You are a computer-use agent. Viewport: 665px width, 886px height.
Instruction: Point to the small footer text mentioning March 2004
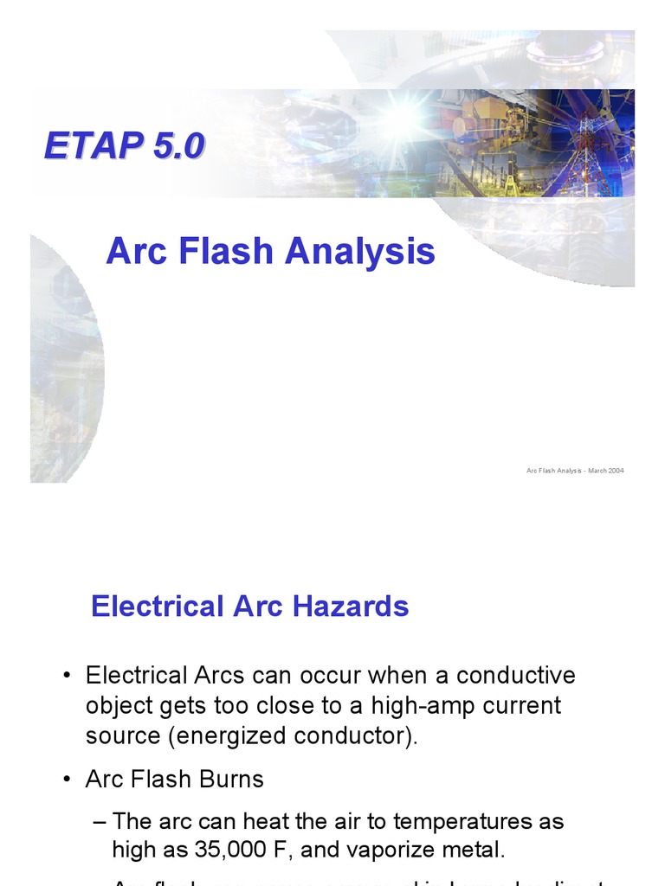[x=575, y=471]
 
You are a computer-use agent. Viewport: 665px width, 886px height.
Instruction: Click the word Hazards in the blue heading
[x=355, y=606]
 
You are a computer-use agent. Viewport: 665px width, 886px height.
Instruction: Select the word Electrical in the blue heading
[x=156, y=606]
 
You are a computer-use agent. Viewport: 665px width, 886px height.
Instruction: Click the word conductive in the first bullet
[x=516, y=675]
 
